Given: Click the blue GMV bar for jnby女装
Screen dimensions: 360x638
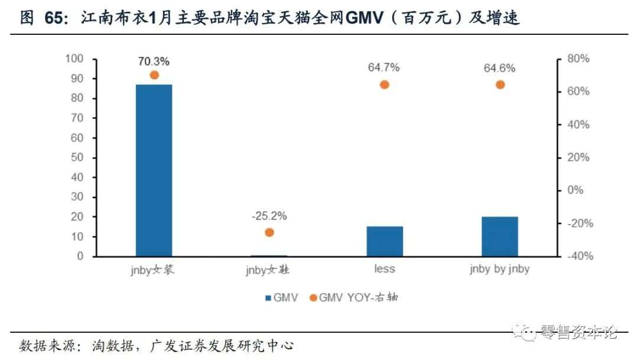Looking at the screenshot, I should point(154,170).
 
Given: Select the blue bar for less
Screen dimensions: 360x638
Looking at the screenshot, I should point(385,241).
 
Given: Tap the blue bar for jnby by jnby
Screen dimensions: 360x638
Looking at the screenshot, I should point(500,236).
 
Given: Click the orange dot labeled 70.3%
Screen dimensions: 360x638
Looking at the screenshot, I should point(154,75).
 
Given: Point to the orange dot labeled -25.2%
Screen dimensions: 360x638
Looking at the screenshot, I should point(269,232).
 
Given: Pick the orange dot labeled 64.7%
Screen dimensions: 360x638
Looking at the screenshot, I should point(385,85).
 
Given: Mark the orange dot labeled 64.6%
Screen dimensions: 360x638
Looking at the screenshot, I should point(500,85).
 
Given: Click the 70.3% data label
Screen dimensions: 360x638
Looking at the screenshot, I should point(154,61).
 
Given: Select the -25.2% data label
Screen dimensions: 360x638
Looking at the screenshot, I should point(269,216).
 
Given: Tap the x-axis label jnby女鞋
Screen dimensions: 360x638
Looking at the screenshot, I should point(269,270).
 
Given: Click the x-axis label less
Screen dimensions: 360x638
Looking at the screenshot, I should point(385,270).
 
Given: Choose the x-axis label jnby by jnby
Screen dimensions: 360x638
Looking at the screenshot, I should point(500,270).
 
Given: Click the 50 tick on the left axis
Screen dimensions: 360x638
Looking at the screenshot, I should point(77,157).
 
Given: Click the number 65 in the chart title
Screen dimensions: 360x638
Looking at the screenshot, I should point(56,18).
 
